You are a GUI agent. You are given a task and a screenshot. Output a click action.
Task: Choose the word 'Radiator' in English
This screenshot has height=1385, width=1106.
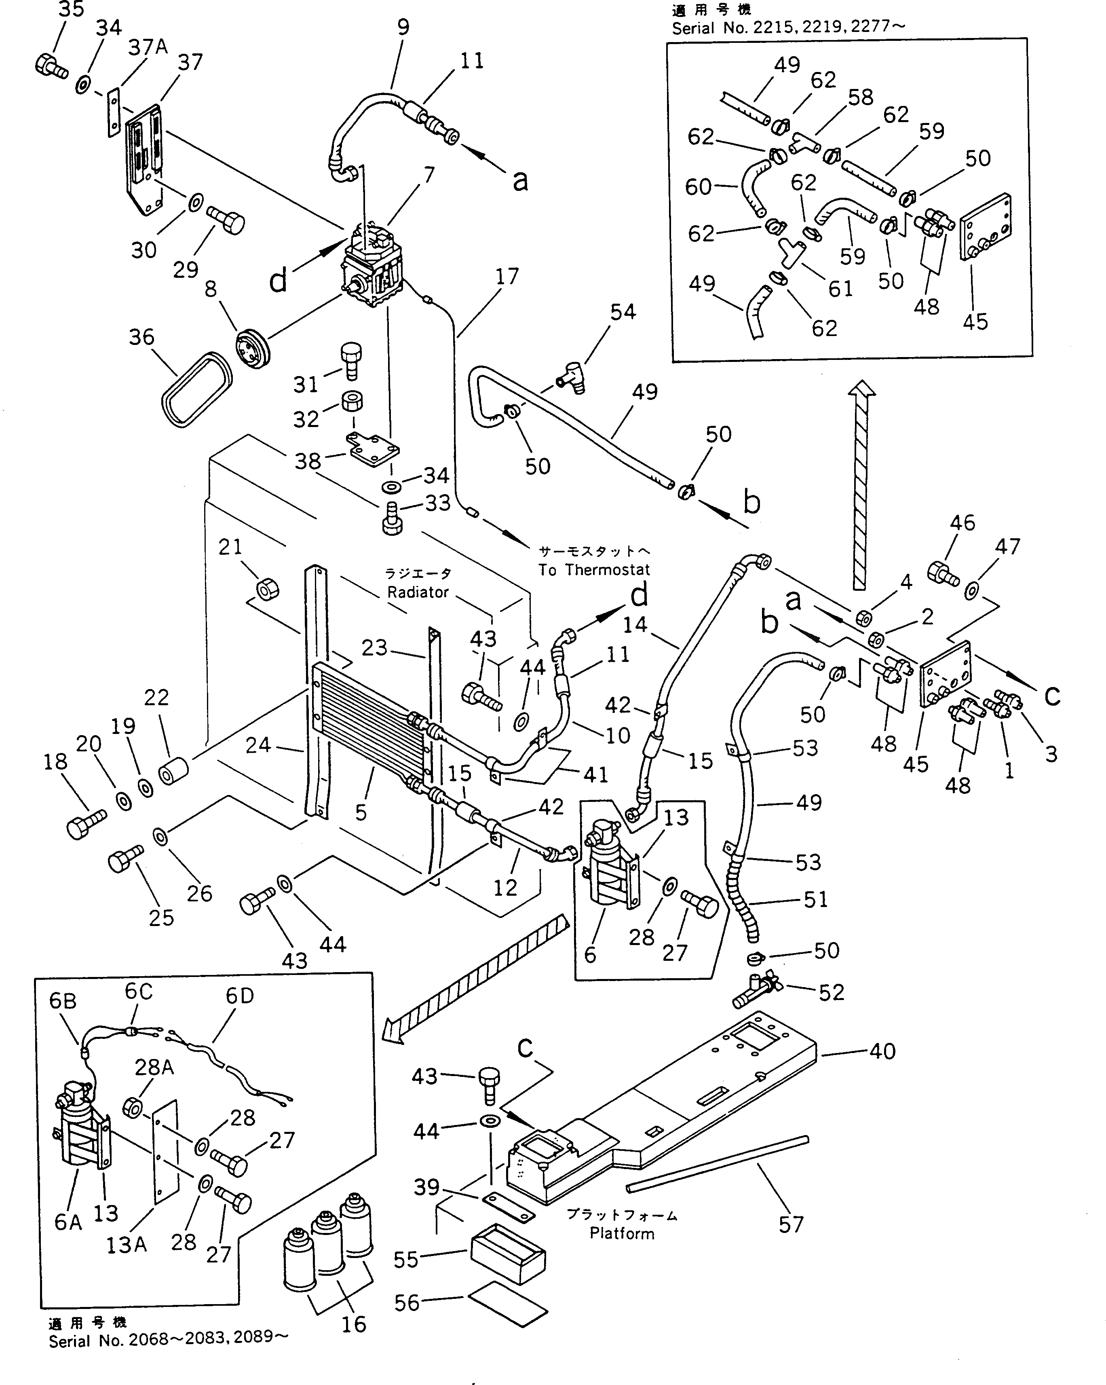coord(418,592)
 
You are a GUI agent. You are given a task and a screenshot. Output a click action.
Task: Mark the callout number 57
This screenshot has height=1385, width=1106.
coord(791,1224)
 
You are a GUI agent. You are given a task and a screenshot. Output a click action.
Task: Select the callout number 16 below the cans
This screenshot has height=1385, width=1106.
coord(353,1324)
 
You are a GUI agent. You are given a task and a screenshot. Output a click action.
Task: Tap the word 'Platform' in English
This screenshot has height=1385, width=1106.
coord(622,1233)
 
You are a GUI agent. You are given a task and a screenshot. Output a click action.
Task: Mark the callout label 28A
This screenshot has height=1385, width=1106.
coord(154,1067)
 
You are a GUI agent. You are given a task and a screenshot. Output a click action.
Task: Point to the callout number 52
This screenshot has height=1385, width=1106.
coord(831,992)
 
